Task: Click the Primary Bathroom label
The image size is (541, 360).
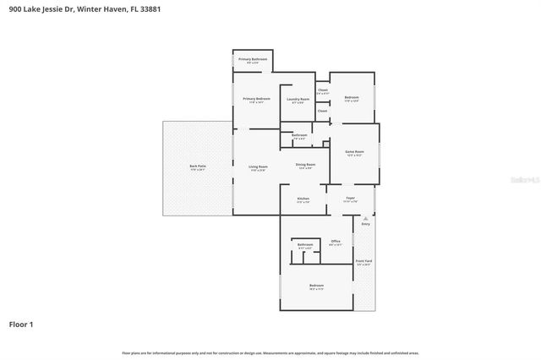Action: [x=252, y=59]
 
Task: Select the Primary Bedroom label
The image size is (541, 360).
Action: [x=256, y=99]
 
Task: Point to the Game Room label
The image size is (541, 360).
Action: [x=354, y=152]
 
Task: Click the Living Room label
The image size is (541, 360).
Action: [x=258, y=166]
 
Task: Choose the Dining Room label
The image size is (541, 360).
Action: [x=305, y=164]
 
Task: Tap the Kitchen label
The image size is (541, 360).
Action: [x=303, y=199]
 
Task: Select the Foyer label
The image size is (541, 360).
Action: [x=350, y=199]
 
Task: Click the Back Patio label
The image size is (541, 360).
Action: [x=198, y=166]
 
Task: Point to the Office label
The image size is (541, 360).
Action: [x=335, y=242]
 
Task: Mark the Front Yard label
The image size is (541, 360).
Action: [x=363, y=261]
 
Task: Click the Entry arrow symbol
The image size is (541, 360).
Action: [x=366, y=218]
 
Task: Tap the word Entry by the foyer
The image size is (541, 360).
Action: [x=366, y=224]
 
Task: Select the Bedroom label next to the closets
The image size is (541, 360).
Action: [x=352, y=98]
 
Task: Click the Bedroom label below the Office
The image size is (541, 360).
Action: [x=316, y=286]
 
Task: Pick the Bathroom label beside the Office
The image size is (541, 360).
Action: [x=305, y=244]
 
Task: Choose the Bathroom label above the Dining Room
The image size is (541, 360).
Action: [x=299, y=135]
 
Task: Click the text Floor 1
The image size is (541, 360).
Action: [x=21, y=324]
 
